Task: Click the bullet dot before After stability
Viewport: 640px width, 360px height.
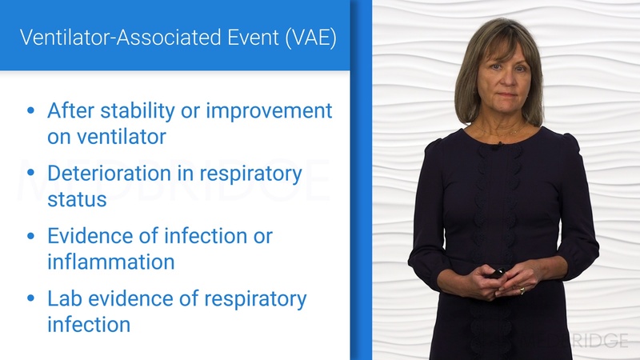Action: coord(31,111)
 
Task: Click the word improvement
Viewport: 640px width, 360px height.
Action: coord(269,110)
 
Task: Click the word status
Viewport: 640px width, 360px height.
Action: coord(77,198)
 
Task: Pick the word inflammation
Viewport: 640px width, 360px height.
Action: coord(110,262)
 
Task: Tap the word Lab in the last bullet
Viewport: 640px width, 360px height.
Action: coord(64,299)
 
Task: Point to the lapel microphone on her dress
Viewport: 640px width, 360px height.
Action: coord(498,146)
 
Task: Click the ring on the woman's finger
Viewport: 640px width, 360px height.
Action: coord(522,290)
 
